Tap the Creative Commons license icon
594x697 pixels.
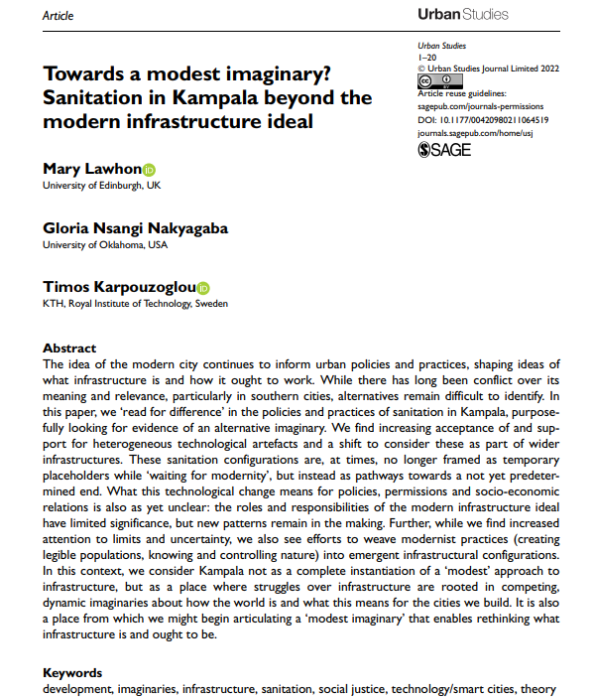click(x=427, y=81)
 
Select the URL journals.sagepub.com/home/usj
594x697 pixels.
click(x=474, y=132)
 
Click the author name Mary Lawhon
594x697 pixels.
click(x=91, y=169)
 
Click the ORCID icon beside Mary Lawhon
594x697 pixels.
click(x=150, y=170)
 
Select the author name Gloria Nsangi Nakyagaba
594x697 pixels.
click(x=135, y=228)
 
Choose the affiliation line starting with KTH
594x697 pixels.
click(x=135, y=304)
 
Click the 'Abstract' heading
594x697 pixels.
click(x=69, y=348)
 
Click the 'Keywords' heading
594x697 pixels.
click(x=72, y=673)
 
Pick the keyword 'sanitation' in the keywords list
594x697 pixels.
click(x=298, y=688)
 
